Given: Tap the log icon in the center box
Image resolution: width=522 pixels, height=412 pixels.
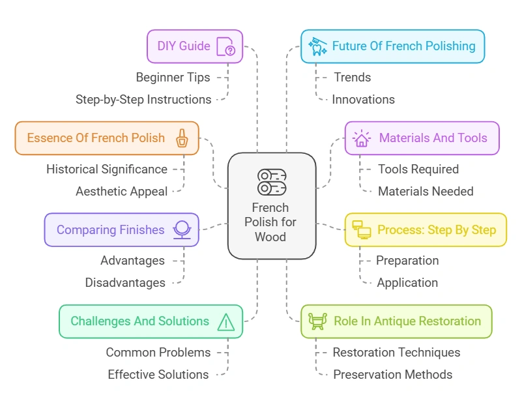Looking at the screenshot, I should [x=271, y=182].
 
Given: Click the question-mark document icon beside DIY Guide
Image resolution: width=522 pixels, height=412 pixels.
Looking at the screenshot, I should [x=225, y=47].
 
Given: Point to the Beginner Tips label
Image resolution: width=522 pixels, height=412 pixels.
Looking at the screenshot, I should [x=173, y=78].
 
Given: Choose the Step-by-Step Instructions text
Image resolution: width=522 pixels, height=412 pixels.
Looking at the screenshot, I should [x=143, y=100].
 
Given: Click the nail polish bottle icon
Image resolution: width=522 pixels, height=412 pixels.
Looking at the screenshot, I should [x=182, y=138].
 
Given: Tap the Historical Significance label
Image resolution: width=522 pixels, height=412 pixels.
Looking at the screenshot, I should [x=107, y=169].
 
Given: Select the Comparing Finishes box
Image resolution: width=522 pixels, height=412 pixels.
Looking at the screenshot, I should [x=121, y=229].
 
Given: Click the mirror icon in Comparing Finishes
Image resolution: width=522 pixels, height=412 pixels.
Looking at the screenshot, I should [x=181, y=229].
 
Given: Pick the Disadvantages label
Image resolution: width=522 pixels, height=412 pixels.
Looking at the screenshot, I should [x=125, y=283].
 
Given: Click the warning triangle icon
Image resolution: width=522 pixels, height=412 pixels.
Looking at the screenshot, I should [x=225, y=321].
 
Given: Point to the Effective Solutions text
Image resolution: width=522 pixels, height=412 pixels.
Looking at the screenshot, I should [x=158, y=375].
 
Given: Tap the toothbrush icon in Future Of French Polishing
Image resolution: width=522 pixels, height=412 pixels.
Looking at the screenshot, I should [x=317, y=46].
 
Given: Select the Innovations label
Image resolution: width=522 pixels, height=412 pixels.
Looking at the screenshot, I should [x=363, y=100].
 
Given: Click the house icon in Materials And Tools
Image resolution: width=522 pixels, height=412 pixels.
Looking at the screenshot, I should [x=361, y=138].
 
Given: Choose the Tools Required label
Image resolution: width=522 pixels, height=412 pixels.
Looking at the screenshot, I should [x=418, y=169].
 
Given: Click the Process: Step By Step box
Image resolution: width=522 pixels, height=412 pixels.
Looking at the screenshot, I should [x=425, y=229].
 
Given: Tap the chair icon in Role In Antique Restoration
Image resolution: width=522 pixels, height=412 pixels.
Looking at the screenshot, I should [x=317, y=321].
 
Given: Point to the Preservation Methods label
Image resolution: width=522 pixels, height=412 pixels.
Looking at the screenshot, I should [x=392, y=375].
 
